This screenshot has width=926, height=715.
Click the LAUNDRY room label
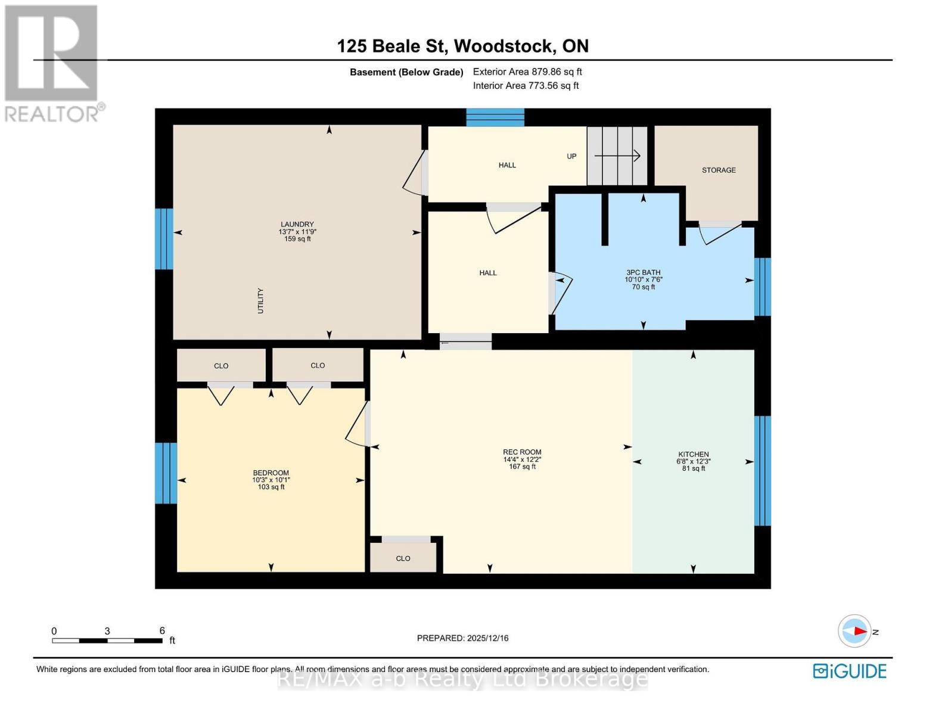[297, 225]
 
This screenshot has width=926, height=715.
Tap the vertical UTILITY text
[260, 301]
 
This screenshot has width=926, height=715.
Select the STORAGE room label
[718, 170]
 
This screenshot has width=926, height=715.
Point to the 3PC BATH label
[643, 273]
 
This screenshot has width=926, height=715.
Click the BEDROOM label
[271, 473]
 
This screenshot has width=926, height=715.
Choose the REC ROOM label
[521, 452]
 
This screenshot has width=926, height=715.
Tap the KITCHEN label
[693, 455]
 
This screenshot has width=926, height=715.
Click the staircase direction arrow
[617, 156]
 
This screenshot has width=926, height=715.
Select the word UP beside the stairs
[571, 157]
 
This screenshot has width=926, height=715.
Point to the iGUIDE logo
[849, 671]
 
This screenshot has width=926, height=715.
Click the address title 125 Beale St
[462, 46]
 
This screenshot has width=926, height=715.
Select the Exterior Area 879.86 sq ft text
[527, 72]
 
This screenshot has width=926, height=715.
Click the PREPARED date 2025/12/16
[462, 638]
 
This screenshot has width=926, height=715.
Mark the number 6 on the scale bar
[162, 631]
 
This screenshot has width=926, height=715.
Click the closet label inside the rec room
[403, 559]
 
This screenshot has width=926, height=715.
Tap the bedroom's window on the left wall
[166, 473]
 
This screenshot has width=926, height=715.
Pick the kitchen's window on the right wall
[762, 471]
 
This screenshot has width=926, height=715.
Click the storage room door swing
[719, 232]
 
